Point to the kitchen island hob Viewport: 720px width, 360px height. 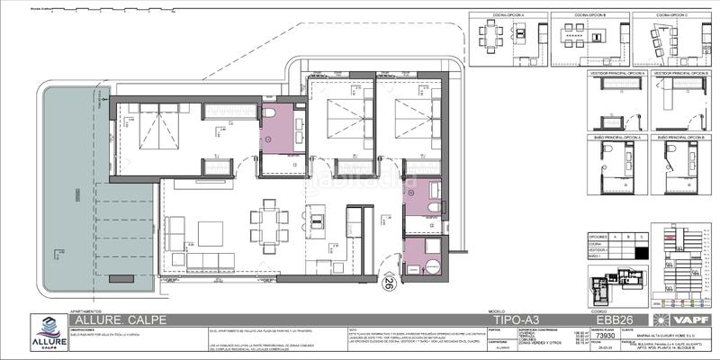point(316,217)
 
